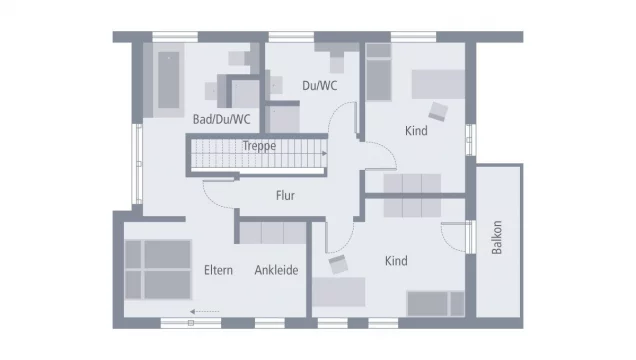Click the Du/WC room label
click(320, 86)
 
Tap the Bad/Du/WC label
click(221, 119)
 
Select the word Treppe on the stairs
click(259, 146)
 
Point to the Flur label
click(285, 195)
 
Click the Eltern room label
click(218, 270)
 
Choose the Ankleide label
click(276, 270)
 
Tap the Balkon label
click(496, 237)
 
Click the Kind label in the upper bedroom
click(416, 131)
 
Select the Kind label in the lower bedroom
click(396, 261)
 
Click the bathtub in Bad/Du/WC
click(169, 80)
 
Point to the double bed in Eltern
click(158, 270)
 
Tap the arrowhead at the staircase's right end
click(324, 153)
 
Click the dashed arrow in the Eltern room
click(204, 311)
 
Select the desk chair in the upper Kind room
click(438, 111)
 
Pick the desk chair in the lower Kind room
click(338, 264)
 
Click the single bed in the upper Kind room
click(378, 72)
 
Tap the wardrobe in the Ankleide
click(273, 233)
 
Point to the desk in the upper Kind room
click(438, 84)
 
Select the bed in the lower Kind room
click(436, 303)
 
